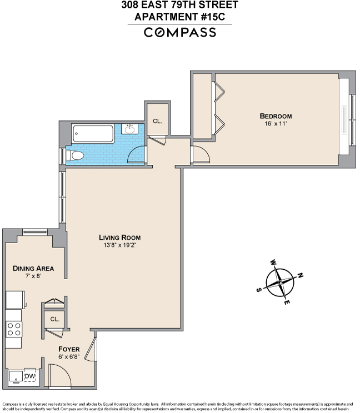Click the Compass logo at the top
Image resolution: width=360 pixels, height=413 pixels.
click(180, 32)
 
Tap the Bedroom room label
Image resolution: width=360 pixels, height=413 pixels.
click(276, 116)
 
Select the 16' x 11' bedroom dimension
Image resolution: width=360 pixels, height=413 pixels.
click(276, 123)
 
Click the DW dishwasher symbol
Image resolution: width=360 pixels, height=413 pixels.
click(30, 376)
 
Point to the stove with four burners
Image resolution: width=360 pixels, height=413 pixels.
click(14, 329)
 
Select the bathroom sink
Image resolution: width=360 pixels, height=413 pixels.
click(131, 130)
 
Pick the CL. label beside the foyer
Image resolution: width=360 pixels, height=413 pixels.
click(54, 319)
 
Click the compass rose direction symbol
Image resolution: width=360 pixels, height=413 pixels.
click(279, 282)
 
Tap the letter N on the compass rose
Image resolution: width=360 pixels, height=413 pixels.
click(301, 274)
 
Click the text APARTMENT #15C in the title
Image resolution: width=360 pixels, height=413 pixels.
click(180, 17)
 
